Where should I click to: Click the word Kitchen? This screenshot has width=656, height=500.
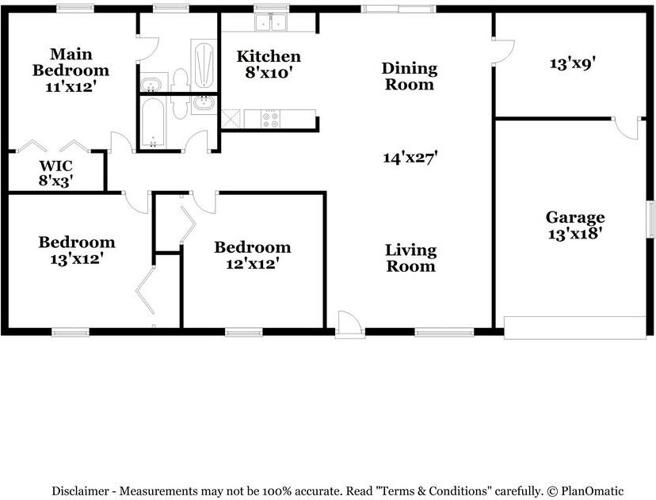pyautogui.click(x=269, y=56)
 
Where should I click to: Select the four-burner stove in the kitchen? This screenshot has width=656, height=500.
pyautogui.click(x=270, y=118)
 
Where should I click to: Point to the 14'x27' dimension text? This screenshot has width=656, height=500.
pyautogui.click(x=410, y=158)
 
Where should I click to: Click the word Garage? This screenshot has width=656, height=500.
pyautogui.click(x=575, y=218)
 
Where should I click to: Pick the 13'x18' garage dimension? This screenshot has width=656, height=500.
pyautogui.click(x=575, y=234)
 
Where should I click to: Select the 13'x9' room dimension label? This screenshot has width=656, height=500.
pyautogui.click(x=572, y=63)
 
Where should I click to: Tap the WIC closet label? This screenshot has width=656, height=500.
pyautogui.click(x=56, y=166)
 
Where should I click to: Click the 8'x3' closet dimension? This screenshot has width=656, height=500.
pyautogui.click(x=56, y=181)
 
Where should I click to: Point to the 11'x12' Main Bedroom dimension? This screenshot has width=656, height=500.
pyautogui.click(x=71, y=86)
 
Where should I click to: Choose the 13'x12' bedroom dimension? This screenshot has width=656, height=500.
pyautogui.click(x=77, y=259)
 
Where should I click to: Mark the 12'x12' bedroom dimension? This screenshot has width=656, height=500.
pyautogui.click(x=253, y=264)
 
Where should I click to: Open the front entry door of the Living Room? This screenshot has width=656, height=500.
pyautogui.click(x=349, y=323)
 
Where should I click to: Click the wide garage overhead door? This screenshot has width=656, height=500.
pyautogui.click(x=575, y=327)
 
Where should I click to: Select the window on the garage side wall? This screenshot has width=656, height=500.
pyautogui.click(x=650, y=219)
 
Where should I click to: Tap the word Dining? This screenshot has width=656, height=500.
pyautogui.click(x=410, y=69)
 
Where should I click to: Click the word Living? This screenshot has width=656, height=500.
pyautogui.click(x=411, y=251)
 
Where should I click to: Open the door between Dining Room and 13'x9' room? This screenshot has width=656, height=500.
pyautogui.click(x=503, y=52)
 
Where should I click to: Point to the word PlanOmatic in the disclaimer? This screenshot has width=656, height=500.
pyautogui.click(x=593, y=490)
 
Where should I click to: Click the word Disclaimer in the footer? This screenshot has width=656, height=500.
pyautogui.click(x=80, y=490)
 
